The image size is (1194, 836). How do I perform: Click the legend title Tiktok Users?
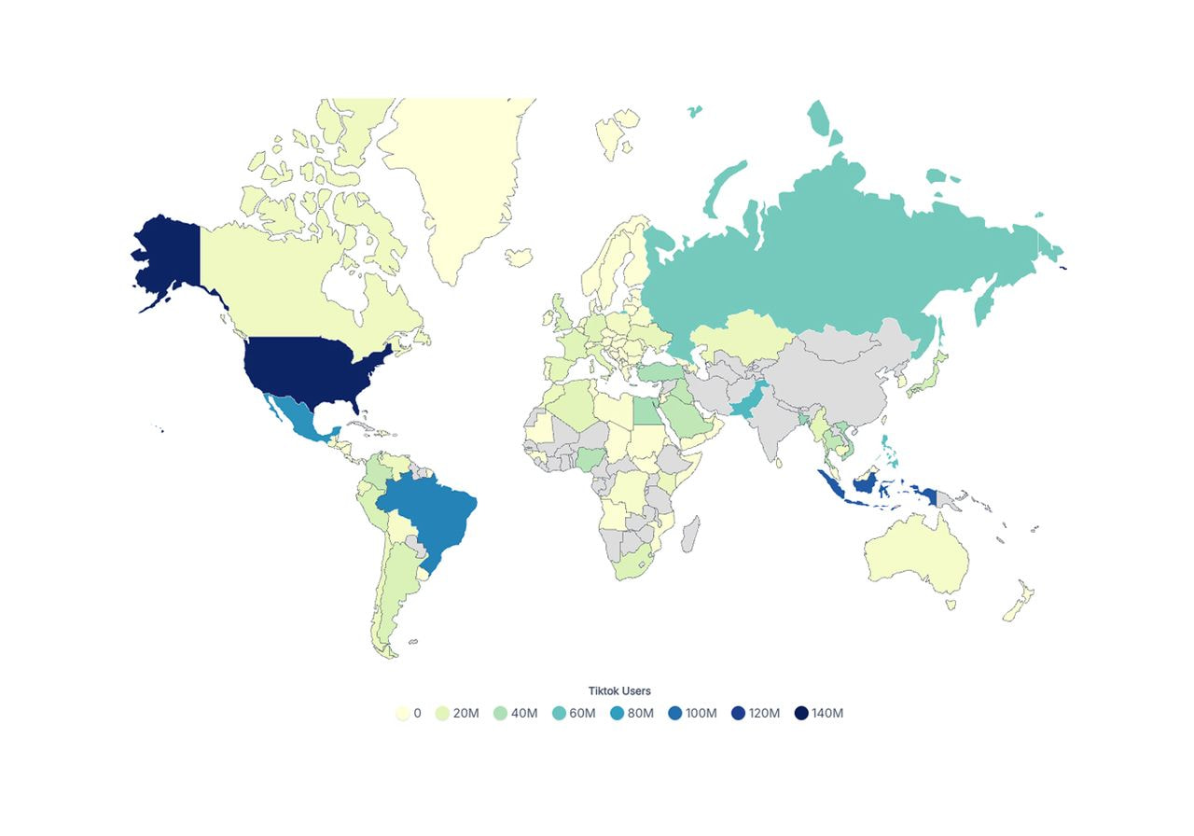[x=619, y=691]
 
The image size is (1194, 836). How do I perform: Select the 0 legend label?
[x=417, y=714]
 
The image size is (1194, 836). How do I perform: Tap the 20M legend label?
[x=465, y=714]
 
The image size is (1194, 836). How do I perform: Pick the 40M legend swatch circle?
[x=501, y=714]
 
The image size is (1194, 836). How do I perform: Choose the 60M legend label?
[x=582, y=714]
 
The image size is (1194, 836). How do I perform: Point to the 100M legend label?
[x=701, y=714]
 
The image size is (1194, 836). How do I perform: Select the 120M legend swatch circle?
[x=737, y=714]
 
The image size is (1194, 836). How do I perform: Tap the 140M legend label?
[x=826, y=714]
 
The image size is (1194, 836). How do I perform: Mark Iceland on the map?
[x=519, y=257]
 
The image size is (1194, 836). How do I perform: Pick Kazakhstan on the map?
[x=737, y=341]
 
